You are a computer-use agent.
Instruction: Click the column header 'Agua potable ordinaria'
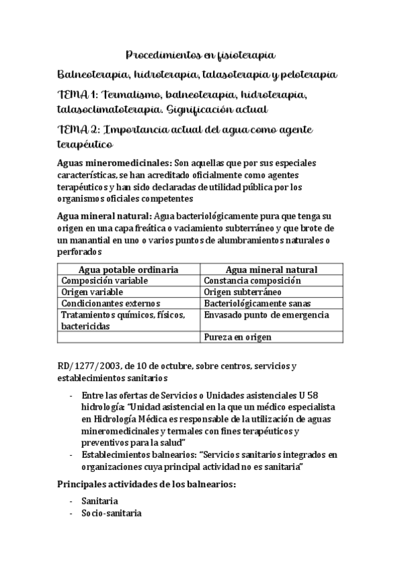tap(128, 270)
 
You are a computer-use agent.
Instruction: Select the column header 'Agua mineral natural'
tap(271, 270)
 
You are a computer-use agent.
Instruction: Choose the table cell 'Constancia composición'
tap(252, 281)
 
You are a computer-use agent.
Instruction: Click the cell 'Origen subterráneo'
tap(242, 292)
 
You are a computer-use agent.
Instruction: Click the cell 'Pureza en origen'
tap(238, 338)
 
